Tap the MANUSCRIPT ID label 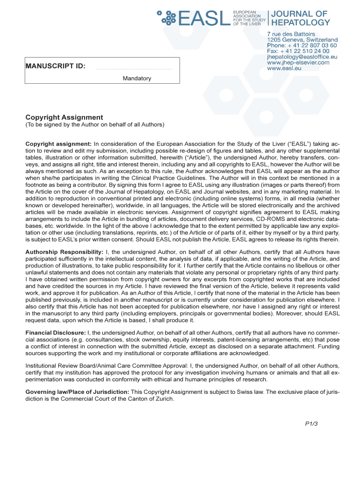pos(55,66)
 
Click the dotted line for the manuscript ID pos(134,69)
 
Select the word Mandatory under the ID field pos(137,79)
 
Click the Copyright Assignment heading pos(64,117)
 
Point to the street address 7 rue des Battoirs pos(290,34)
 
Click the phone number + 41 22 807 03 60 pos(302,45)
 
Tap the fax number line pos(298,51)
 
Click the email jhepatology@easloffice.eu pos(302,57)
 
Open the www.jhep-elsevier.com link pos(298,62)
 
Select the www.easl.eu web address pos(284,68)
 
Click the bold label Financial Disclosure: pos(55,333)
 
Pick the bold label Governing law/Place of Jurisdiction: pos(77,392)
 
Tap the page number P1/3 pos(311,424)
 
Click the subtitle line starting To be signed pos(95,125)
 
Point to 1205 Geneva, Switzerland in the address pos(302,40)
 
